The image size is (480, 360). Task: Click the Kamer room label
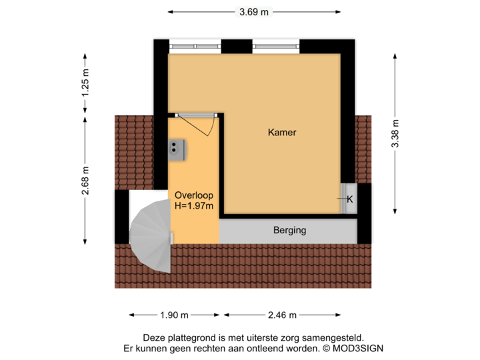point(281,133)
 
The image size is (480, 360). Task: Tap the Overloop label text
point(193,195)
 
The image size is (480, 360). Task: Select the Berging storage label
point(289,231)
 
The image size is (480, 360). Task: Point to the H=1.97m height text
point(193,206)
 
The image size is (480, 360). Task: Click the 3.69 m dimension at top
point(254,11)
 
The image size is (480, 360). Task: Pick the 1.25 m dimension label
point(85,83)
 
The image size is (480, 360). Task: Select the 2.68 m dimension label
point(85,180)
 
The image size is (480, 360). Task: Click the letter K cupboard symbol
point(349,199)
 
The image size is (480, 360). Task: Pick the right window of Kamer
point(276,45)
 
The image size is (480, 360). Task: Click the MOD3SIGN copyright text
point(354,348)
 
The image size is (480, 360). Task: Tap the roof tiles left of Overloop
point(134,151)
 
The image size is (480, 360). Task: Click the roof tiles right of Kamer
point(364,148)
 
